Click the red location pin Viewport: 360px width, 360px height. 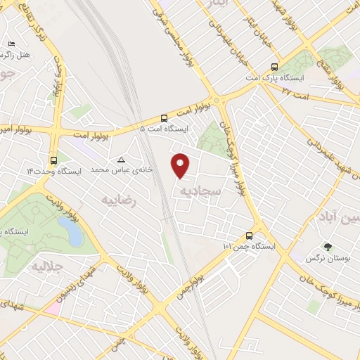[181, 165]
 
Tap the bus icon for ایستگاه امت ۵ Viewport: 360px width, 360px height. [164, 118]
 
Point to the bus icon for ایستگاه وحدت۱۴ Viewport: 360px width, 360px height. [54, 160]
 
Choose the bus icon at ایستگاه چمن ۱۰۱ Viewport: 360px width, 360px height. [249, 236]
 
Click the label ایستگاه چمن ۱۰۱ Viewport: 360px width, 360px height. [249, 247]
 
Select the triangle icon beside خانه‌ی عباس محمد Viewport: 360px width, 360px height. [122, 160]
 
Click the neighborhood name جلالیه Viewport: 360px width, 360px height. [49, 268]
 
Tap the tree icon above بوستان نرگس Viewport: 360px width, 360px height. [327, 246]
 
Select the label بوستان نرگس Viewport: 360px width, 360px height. [322, 259]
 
